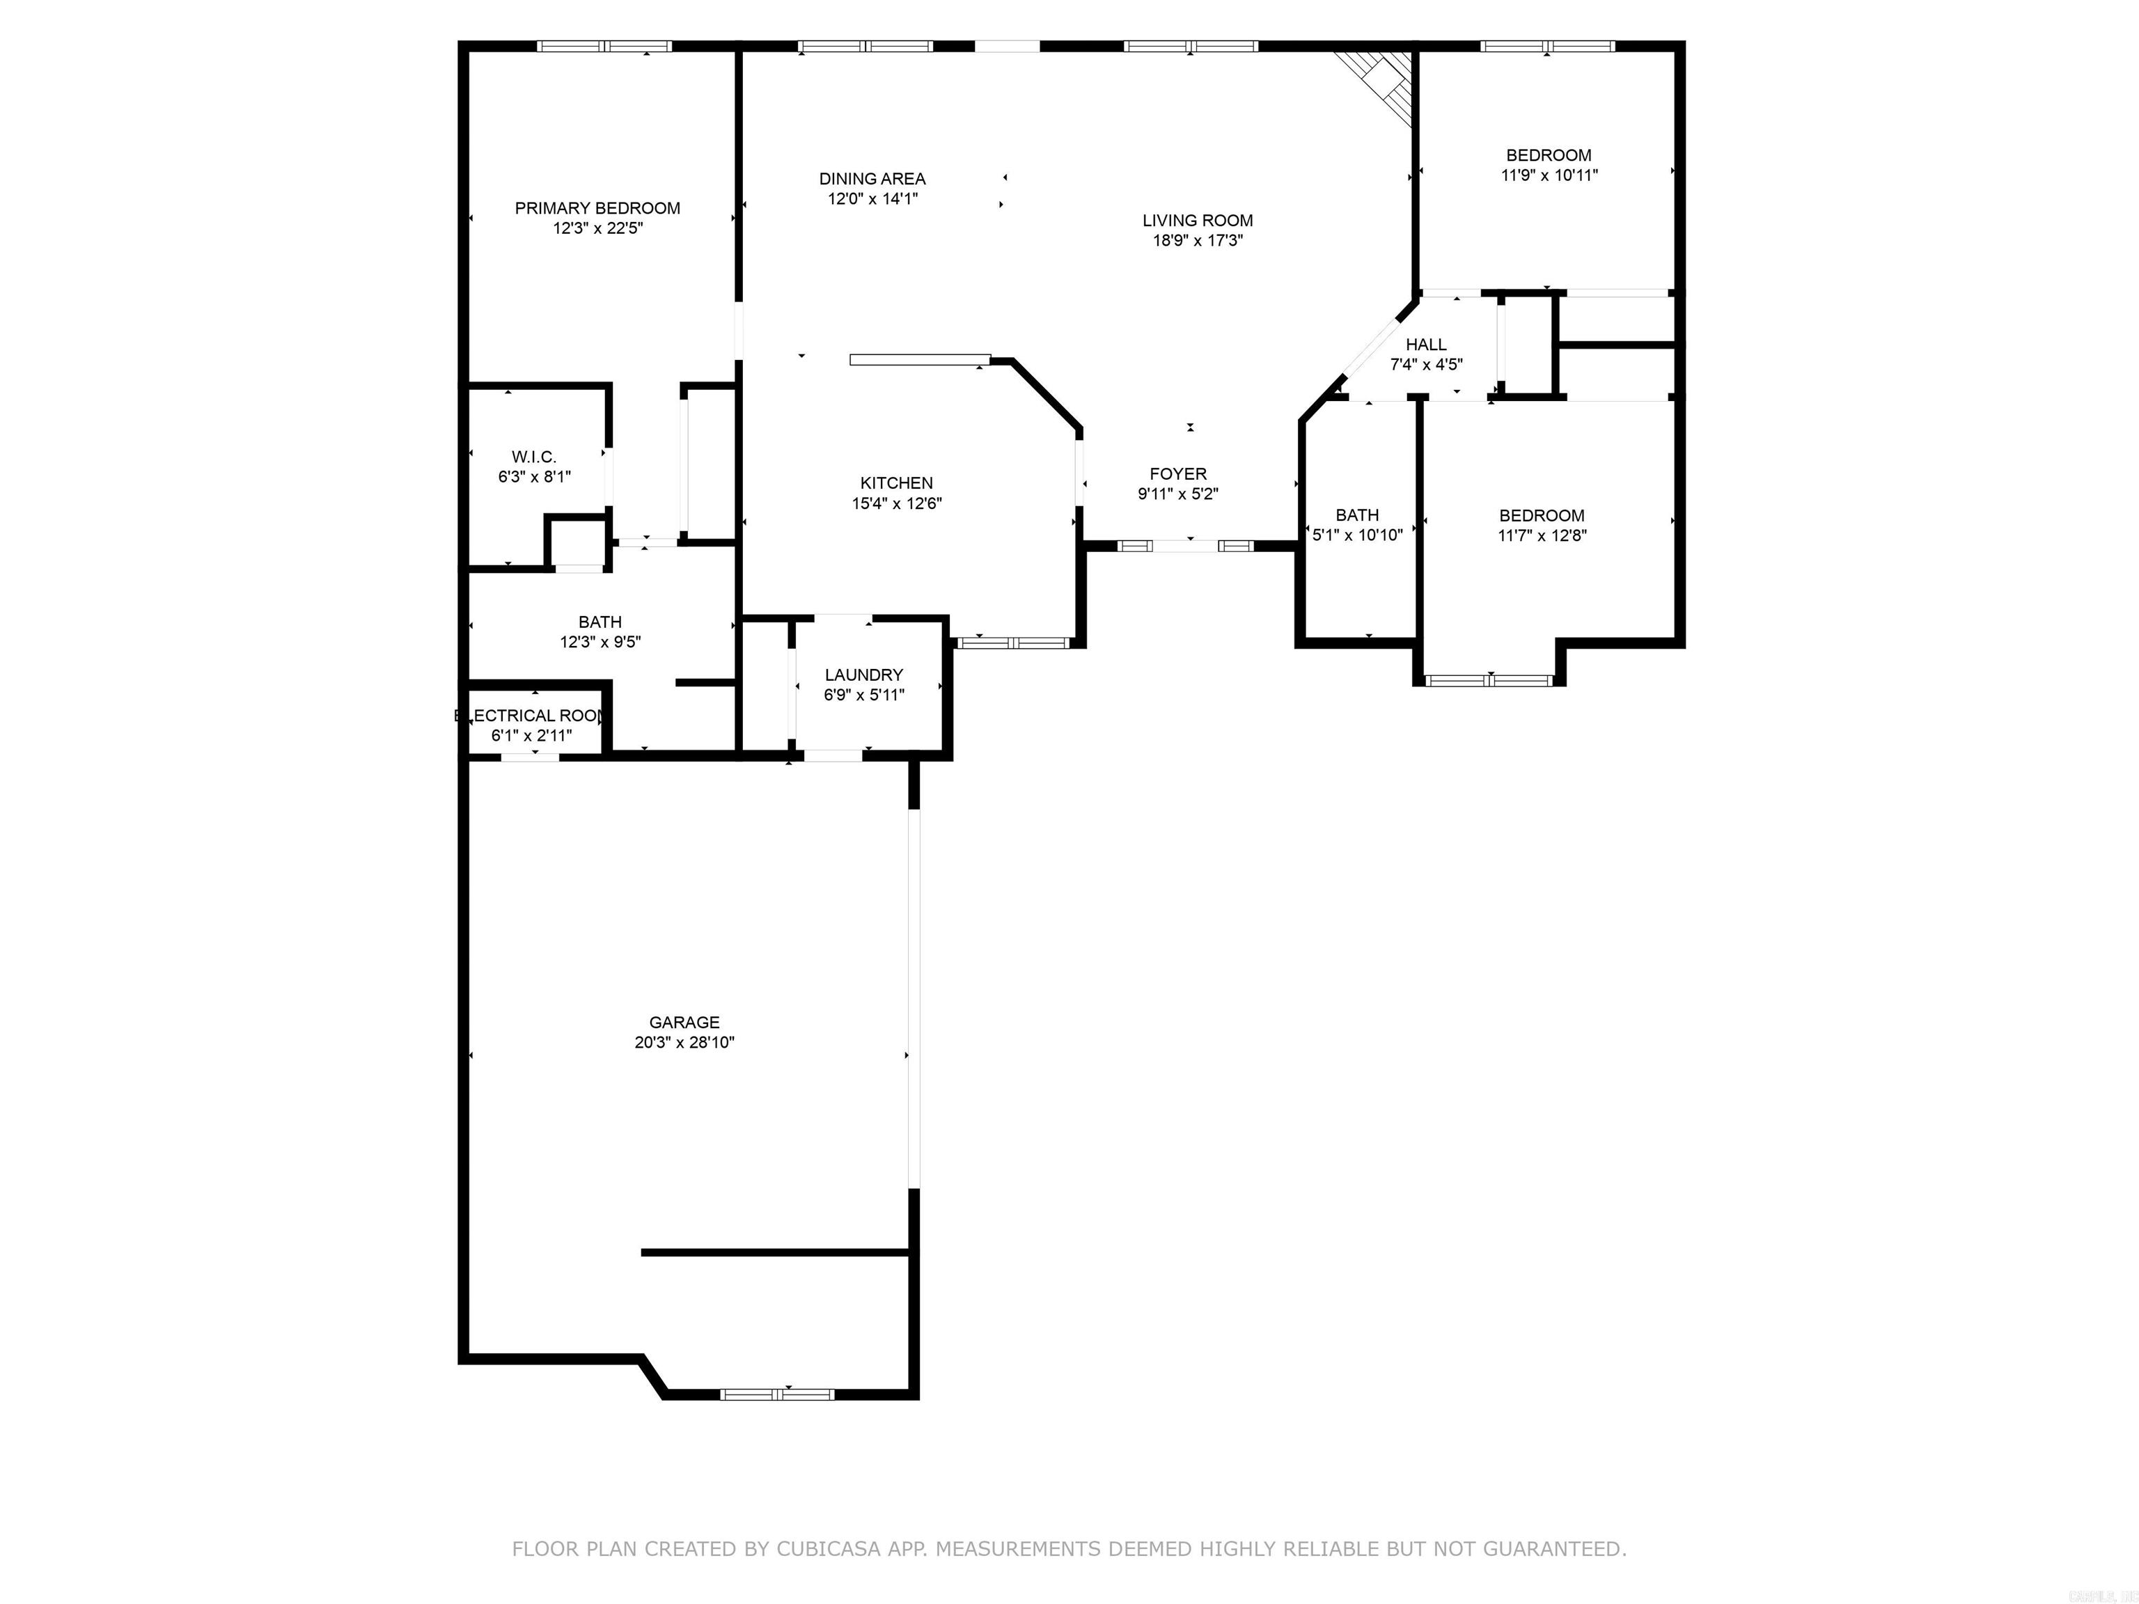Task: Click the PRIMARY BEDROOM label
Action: click(597, 208)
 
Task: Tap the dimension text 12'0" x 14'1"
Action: click(872, 199)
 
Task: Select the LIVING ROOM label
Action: click(1197, 221)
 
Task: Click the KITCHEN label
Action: click(896, 483)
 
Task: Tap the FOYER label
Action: click(1178, 474)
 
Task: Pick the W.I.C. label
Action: click(534, 457)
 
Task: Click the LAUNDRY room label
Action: click(863, 675)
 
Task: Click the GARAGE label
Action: click(684, 1022)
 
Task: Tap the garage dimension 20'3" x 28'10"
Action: click(684, 1042)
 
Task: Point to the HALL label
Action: click(1425, 344)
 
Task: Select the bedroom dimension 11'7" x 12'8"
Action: click(1542, 535)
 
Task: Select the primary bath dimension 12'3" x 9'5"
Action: click(600, 642)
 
